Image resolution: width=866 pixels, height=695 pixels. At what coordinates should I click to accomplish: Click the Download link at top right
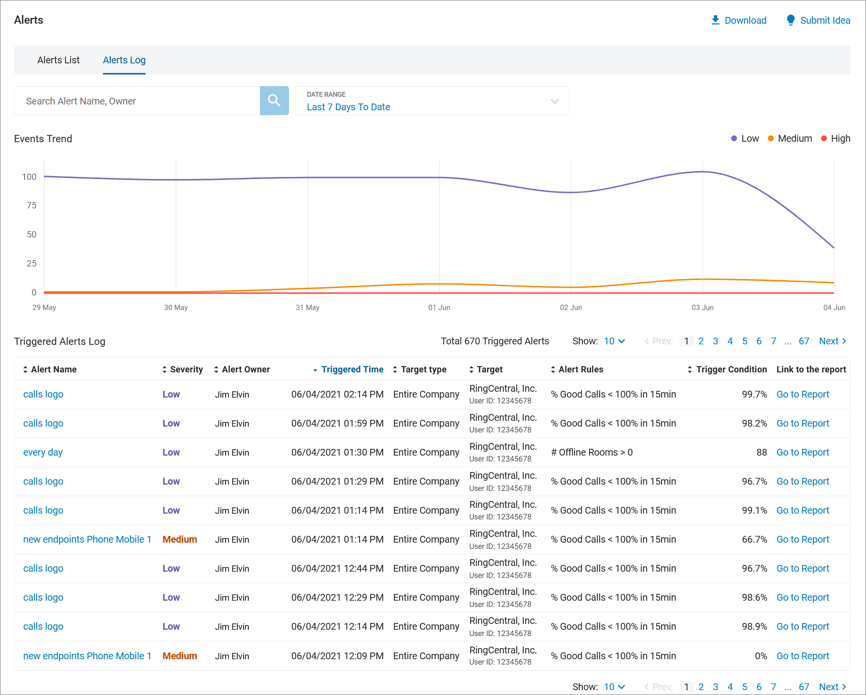739,20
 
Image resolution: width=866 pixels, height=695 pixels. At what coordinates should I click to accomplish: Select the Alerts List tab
58,60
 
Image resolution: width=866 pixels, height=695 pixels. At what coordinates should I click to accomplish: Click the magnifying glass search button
274,101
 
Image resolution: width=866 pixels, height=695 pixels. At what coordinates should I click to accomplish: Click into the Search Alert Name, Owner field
137,101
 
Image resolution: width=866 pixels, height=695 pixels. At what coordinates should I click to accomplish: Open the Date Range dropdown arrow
554,101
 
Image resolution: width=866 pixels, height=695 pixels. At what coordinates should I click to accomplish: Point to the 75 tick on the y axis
31,206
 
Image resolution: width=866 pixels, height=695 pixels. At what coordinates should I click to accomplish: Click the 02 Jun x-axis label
571,308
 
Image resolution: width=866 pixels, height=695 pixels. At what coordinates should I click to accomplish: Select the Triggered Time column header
352,370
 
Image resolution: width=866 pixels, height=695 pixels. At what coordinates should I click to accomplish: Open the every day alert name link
43,453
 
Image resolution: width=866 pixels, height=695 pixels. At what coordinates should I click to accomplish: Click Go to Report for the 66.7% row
802,540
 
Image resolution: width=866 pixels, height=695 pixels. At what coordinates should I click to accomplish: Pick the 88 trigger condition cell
762,453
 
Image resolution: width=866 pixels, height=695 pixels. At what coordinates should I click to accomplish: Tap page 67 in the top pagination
804,341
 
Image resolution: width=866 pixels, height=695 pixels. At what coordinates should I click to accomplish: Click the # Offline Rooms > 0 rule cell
592,453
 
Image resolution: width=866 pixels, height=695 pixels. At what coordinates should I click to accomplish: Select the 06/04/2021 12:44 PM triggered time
337,569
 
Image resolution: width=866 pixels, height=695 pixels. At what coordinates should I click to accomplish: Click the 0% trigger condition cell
761,656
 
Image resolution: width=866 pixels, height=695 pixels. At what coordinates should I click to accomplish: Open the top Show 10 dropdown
614,341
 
